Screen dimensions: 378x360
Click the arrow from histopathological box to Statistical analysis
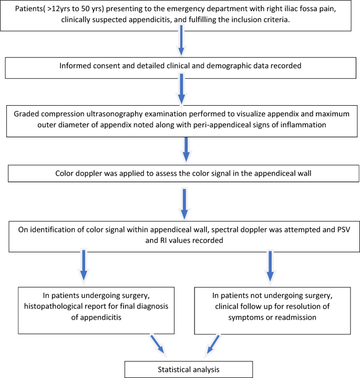tap(157, 344)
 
